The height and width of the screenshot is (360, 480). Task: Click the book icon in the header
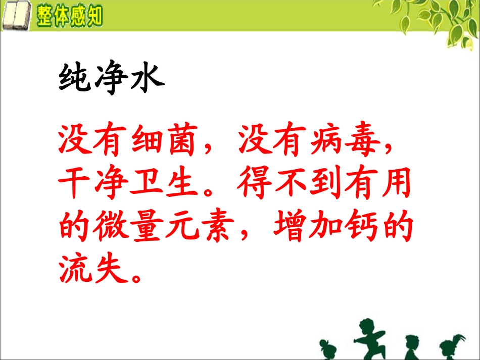(x=16, y=16)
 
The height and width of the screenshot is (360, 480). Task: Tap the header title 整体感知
(x=69, y=16)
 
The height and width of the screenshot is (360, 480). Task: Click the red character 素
(x=218, y=228)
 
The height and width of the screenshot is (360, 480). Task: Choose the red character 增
(x=290, y=228)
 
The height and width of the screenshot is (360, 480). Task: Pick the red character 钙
(x=360, y=228)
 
